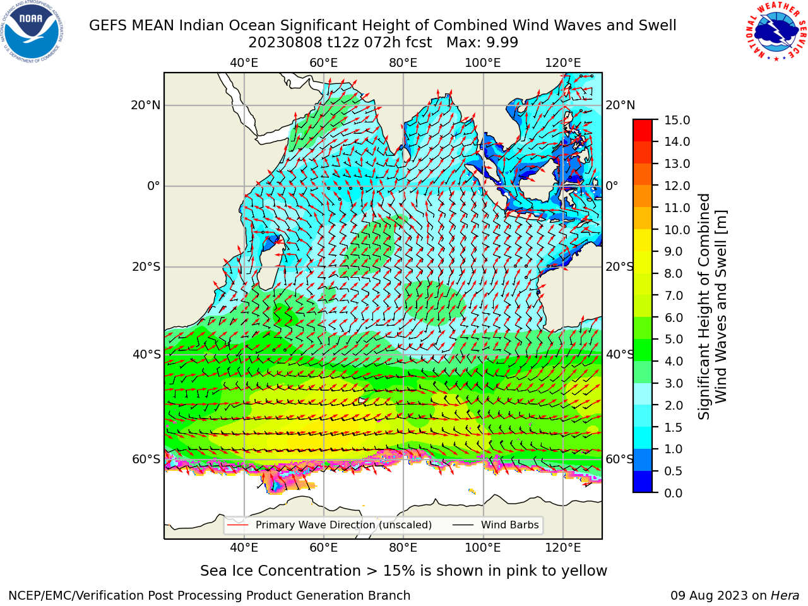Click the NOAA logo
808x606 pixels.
(32, 32)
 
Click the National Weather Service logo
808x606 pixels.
(776, 32)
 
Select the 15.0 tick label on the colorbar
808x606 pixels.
(677, 120)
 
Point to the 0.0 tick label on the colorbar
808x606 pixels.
(673, 493)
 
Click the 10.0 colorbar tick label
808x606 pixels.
(677, 230)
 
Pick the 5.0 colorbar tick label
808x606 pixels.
(673, 339)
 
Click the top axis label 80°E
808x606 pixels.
(403, 63)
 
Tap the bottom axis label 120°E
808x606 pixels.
(563, 548)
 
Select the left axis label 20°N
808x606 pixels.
(146, 105)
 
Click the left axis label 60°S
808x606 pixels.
(146, 459)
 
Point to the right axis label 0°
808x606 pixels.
(612, 186)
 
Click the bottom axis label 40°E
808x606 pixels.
(244, 548)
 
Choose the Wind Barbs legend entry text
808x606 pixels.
(510, 525)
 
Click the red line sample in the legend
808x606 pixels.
(238, 525)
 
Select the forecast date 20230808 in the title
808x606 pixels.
(285, 43)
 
